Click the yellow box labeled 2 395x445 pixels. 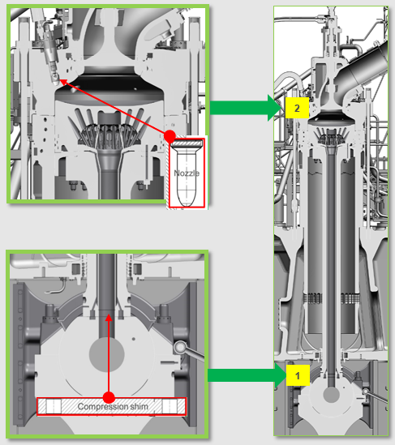pos(297,108)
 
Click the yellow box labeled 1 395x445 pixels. pos(298,376)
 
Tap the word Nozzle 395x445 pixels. pos(187,173)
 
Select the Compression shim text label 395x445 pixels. pos(113,406)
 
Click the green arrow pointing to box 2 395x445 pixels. pos(246,108)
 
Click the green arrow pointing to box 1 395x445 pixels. pos(247,375)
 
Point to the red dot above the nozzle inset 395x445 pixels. pos(170,136)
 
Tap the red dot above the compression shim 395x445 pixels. pos(109,397)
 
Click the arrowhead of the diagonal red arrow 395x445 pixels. pos(63,82)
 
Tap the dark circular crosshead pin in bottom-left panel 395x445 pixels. pos(107,354)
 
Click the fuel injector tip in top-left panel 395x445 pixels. pos(56,82)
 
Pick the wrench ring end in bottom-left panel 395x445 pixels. pos(180,347)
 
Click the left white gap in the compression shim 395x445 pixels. pos(54,406)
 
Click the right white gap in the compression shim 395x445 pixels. pos(170,406)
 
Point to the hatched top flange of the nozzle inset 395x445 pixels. pos(187,143)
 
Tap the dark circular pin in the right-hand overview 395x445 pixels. pos(332,395)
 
